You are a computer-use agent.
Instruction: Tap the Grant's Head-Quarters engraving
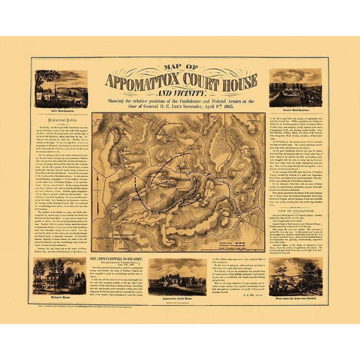pos(295,87)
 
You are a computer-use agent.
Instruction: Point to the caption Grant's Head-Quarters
pos(295,110)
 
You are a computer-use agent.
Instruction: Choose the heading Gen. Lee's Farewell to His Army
pos(119,261)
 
